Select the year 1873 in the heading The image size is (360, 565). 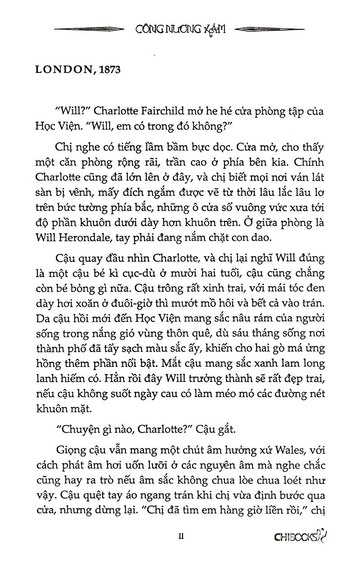coord(107,71)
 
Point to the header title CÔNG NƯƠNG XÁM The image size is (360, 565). coord(180,29)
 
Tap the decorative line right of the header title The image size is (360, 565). coord(270,29)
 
